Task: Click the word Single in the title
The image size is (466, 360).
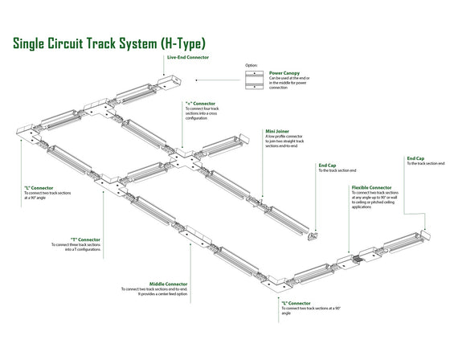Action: click(x=35, y=43)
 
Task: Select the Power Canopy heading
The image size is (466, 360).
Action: click(x=285, y=72)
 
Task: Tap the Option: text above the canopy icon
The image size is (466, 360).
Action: click(x=251, y=65)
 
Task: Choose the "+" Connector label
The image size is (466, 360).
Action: click(x=200, y=103)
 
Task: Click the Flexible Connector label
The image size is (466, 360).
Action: click(x=371, y=187)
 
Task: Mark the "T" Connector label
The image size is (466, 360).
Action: click(x=85, y=239)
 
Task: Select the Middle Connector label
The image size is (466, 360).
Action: click(x=169, y=284)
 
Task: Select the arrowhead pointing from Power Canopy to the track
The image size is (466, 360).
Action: click(x=198, y=80)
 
